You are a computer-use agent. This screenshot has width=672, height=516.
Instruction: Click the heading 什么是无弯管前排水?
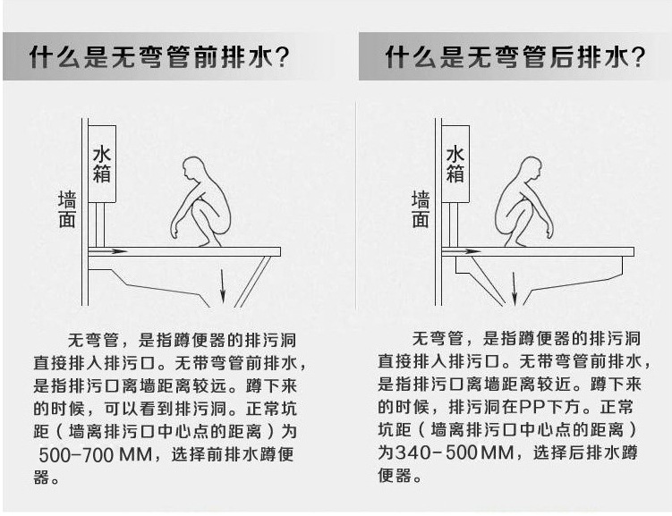160,59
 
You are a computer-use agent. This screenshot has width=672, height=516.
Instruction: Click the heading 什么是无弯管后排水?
515,59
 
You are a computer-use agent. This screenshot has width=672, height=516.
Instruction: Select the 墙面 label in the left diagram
66,208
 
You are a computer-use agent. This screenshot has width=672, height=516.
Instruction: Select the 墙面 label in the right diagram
420,208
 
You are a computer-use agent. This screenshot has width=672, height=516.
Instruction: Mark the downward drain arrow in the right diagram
514,288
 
